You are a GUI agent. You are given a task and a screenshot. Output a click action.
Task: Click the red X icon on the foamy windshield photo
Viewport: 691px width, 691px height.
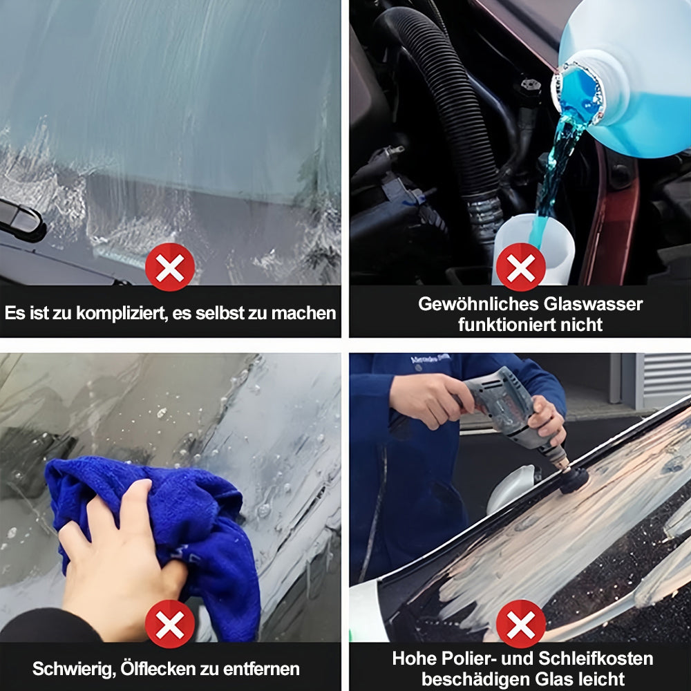[170, 267]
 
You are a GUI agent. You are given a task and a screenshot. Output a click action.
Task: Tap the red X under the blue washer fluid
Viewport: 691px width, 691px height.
[520, 267]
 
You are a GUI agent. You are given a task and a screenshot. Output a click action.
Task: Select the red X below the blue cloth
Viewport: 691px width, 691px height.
[170, 624]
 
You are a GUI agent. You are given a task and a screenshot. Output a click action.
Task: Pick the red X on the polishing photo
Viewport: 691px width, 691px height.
[520, 624]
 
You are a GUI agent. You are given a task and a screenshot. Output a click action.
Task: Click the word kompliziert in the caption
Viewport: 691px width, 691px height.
[121, 313]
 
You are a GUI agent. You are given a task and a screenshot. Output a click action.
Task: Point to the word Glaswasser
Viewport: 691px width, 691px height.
[593, 304]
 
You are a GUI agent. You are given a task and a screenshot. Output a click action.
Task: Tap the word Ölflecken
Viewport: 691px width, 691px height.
[158, 668]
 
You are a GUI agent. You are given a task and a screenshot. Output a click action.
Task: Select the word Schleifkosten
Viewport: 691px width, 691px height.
[596, 659]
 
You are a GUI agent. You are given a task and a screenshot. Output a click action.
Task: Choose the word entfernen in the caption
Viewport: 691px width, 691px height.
[261, 669]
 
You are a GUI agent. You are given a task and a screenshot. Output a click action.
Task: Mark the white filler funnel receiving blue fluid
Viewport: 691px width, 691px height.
[533, 247]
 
